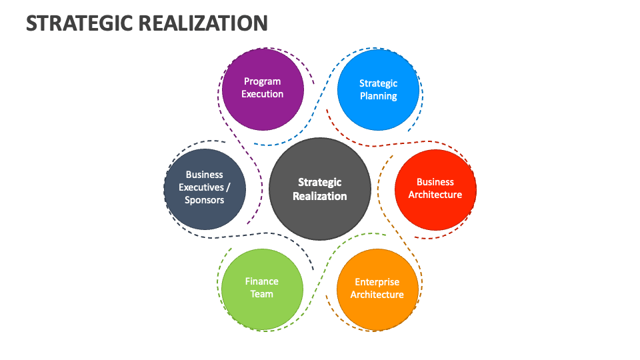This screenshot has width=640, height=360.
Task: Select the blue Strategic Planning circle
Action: pos(378,90)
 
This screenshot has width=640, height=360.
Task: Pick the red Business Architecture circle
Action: pos(435,188)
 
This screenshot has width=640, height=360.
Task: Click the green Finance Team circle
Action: pos(262,289)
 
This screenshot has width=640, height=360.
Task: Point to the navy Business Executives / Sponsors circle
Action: pos(205,188)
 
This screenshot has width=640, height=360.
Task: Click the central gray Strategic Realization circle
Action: pos(320,189)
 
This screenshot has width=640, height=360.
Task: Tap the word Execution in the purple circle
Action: pos(263,94)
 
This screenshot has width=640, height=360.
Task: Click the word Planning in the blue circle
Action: pos(378,96)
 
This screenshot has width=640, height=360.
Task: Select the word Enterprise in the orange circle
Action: pos(377,282)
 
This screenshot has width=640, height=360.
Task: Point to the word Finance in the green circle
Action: pos(262,281)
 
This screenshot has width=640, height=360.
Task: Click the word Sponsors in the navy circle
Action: pos(205,200)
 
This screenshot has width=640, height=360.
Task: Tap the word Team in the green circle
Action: pos(262,294)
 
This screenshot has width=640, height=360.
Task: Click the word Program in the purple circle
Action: pos(263,81)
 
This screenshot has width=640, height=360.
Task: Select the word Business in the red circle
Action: pos(435,181)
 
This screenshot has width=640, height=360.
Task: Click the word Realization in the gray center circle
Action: pos(320,196)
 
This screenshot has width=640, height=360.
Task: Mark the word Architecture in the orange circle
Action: pos(377,295)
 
